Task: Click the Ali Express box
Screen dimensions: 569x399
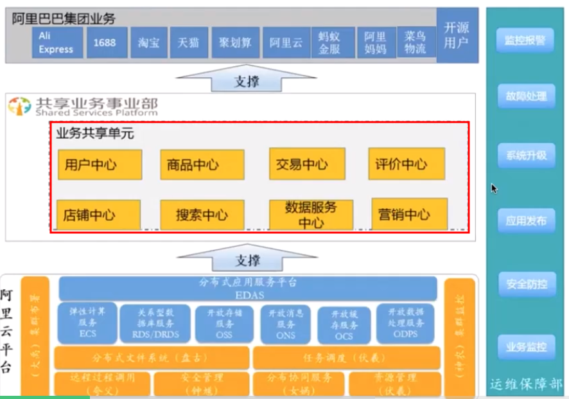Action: (x=57, y=42)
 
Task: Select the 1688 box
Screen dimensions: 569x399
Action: (x=106, y=42)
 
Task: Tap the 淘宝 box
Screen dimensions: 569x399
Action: (x=148, y=42)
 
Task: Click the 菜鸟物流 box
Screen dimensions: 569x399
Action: (x=412, y=42)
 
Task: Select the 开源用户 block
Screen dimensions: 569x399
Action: (x=457, y=35)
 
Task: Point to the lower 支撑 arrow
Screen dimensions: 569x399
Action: (x=247, y=260)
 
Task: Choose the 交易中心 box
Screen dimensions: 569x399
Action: (x=306, y=164)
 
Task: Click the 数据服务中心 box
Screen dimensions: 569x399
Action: (x=311, y=215)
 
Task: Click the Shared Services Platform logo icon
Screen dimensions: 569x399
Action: (x=19, y=107)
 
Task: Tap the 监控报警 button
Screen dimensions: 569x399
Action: (x=525, y=40)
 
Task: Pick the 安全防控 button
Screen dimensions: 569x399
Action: (x=525, y=283)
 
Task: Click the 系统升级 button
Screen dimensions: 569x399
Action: (x=525, y=155)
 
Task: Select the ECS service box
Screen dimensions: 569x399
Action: (x=87, y=323)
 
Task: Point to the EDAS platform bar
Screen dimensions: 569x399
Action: (x=247, y=288)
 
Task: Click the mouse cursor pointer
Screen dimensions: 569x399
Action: (x=493, y=188)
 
